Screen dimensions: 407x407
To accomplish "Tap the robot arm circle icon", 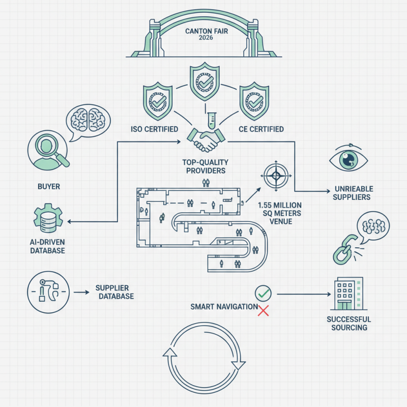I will click(47, 292).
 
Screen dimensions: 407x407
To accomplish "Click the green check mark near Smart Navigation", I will click(263, 293).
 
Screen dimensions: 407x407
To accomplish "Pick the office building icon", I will click(348, 294).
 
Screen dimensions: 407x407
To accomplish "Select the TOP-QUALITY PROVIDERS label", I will click(203, 166).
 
